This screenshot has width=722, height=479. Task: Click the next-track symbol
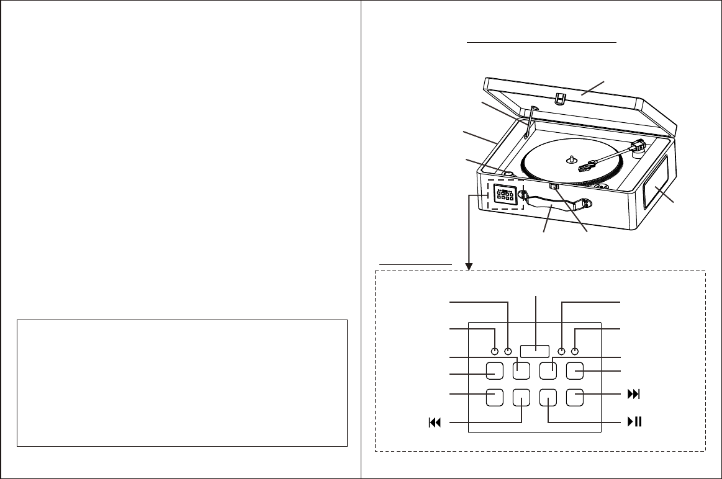633,395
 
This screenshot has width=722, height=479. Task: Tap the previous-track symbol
434,423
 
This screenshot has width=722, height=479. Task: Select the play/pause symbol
633,423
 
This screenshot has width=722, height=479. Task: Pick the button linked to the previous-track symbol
521,397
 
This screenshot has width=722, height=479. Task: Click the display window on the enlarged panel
535,351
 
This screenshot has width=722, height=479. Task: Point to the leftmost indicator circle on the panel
495,352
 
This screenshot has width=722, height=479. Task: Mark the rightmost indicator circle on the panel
575,352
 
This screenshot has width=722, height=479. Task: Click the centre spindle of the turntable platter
571,158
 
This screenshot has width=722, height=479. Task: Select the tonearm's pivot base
637,149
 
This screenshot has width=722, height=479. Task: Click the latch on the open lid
561,99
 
